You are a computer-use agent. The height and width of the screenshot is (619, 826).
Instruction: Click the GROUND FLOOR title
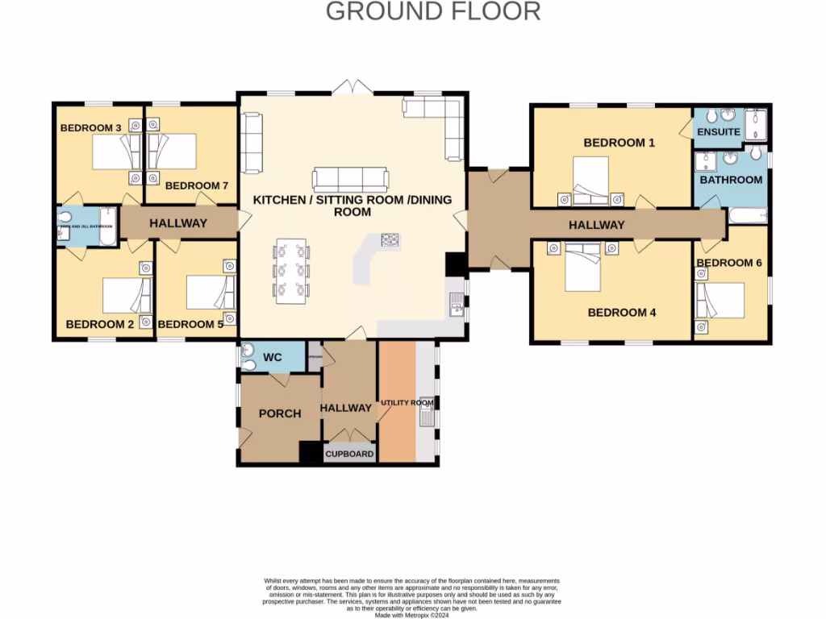pos(432,11)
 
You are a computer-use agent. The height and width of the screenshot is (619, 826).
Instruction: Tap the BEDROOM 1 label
pos(619,143)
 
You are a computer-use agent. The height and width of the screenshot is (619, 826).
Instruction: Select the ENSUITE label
pos(718,131)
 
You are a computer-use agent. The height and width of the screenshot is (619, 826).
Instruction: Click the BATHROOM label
pos(731,180)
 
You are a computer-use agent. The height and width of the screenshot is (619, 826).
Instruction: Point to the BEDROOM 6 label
pos(729,263)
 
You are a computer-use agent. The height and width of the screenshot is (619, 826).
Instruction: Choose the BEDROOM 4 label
pos(616,313)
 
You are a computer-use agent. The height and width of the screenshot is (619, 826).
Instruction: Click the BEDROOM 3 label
pos(90,127)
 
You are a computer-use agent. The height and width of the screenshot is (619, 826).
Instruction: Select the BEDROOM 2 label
pos(99,325)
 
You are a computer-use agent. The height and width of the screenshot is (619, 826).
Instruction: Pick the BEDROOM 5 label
pos(190,325)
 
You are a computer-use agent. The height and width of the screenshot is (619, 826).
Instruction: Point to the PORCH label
pos(279,413)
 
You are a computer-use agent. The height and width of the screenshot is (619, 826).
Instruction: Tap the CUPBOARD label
pos(349,454)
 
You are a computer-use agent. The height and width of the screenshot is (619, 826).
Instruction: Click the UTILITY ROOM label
pos(407,402)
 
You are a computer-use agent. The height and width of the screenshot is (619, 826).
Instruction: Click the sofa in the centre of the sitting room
pos(350,179)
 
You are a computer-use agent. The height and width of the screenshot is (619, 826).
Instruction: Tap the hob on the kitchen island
pos(390,240)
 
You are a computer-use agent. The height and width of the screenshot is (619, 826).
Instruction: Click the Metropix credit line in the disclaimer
pos(411,614)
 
